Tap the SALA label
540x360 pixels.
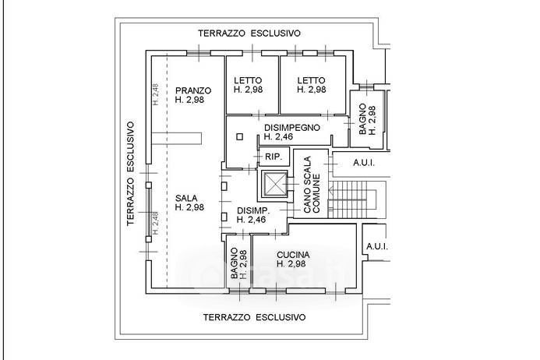pos(186,197)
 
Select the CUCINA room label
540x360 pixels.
pos(293,255)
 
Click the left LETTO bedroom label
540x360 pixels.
pos(249,79)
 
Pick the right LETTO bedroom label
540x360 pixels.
pos(311,79)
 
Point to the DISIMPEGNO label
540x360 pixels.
pos(293,127)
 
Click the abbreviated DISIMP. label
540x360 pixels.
pos(253,210)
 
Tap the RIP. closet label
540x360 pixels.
pos(273,157)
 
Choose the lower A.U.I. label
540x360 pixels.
pos(376,247)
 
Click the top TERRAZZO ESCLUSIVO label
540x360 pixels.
pos(249,34)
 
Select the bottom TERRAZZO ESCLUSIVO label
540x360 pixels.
pos(254,317)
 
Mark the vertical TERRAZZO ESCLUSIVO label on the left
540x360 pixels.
pos(132,173)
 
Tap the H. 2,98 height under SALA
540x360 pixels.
pos(190,207)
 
